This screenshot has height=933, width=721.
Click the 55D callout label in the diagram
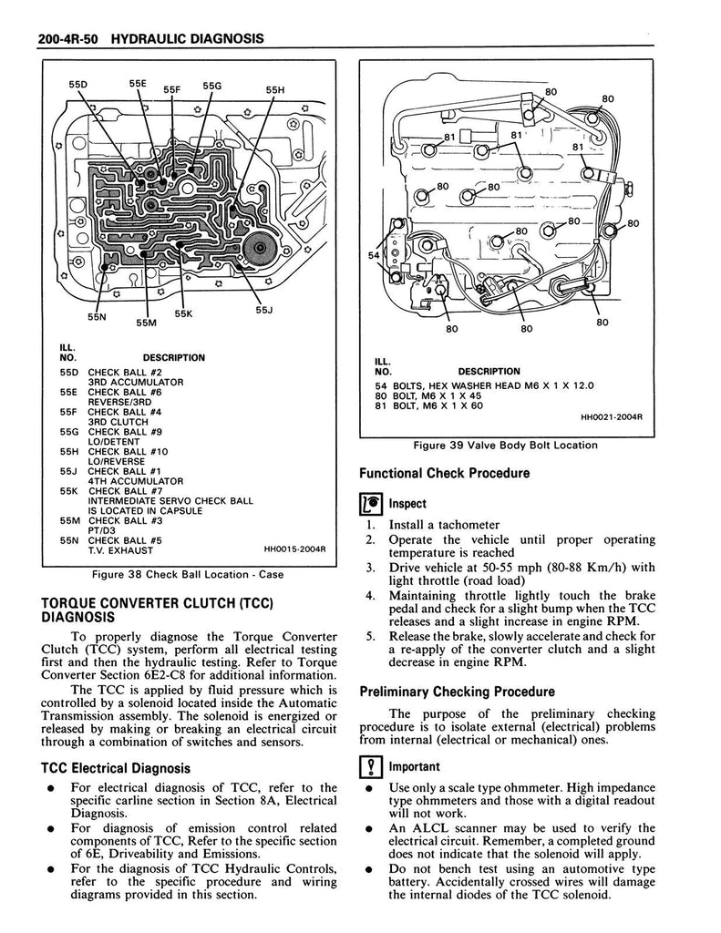pos(79,85)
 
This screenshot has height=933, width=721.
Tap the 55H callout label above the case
pos(275,90)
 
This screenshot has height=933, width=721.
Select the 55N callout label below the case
pos(97,317)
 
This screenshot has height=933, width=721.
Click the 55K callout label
pos(184,313)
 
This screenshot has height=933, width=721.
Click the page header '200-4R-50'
pos(68,40)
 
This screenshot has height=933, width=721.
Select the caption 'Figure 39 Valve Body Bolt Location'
pos(505,446)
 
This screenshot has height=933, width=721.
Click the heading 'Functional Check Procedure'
pos(444,473)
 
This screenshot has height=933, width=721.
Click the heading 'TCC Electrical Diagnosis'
pos(116,768)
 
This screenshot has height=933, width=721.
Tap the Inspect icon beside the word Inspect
pos(370,503)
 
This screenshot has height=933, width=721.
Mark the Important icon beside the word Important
pos(370,766)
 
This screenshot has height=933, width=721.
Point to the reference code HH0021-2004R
pos(612,418)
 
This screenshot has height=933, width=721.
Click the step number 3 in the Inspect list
pos(371,568)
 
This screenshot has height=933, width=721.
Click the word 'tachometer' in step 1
pos(469,525)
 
